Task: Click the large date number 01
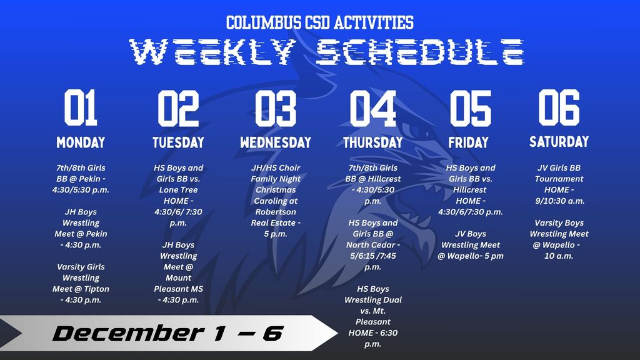pos(81,107)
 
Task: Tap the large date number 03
pos(275,107)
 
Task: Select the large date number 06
pos(559,107)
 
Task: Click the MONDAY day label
pos(81,142)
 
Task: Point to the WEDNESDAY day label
pos(275,142)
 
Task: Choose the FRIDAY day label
pos(468,142)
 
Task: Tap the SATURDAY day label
pos(559,141)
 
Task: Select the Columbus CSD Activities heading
pos(319,23)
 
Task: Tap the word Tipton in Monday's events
pos(94,289)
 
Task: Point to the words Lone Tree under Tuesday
pos(178,190)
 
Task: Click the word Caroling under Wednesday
pos(276,201)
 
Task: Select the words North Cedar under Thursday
pos(372,245)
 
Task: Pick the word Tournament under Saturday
pos(559,179)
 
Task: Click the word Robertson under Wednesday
pos(276,212)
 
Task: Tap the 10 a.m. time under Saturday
pos(559,256)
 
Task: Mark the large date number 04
pos(372,107)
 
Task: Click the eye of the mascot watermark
pos(417,132)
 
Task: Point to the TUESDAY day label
pos(178,142)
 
